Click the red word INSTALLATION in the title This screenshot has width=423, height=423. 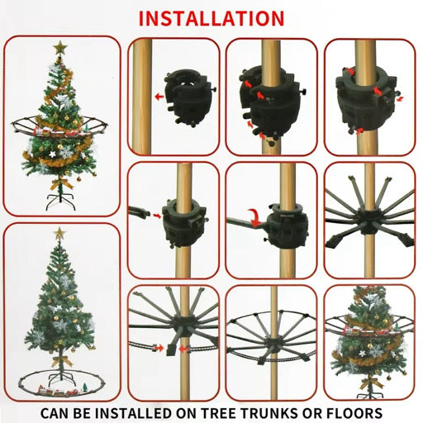coord(211,17)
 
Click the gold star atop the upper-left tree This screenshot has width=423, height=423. coord(59,49)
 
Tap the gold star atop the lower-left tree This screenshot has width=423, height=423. coord(59,235)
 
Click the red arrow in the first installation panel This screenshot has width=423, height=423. coord(159,96)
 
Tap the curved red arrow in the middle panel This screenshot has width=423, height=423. coord(257,217)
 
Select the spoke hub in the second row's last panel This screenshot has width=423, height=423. coord(364,221)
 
